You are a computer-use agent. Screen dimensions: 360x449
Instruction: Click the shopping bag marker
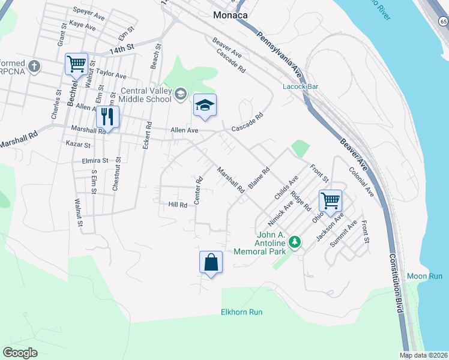click(x=211, y=262)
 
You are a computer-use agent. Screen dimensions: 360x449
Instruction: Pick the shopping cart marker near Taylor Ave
click(x=76, y=64)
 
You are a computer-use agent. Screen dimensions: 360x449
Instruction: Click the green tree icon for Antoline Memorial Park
click(x=294, y=242)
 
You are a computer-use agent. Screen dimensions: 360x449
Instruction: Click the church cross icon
click(x=35, y=66)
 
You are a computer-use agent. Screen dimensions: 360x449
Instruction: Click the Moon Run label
click(x=424, y=276)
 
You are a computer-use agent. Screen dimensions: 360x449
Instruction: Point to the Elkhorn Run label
click(x=242, y=312)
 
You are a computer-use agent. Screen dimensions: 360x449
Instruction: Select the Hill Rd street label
click(x=178, y=205)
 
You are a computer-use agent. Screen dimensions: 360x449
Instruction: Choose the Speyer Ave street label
click(x=88, y=10)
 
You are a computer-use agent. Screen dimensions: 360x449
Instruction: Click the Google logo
click(x=20, y=353)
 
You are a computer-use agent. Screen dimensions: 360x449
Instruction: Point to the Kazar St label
click(x=78, y=145)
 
